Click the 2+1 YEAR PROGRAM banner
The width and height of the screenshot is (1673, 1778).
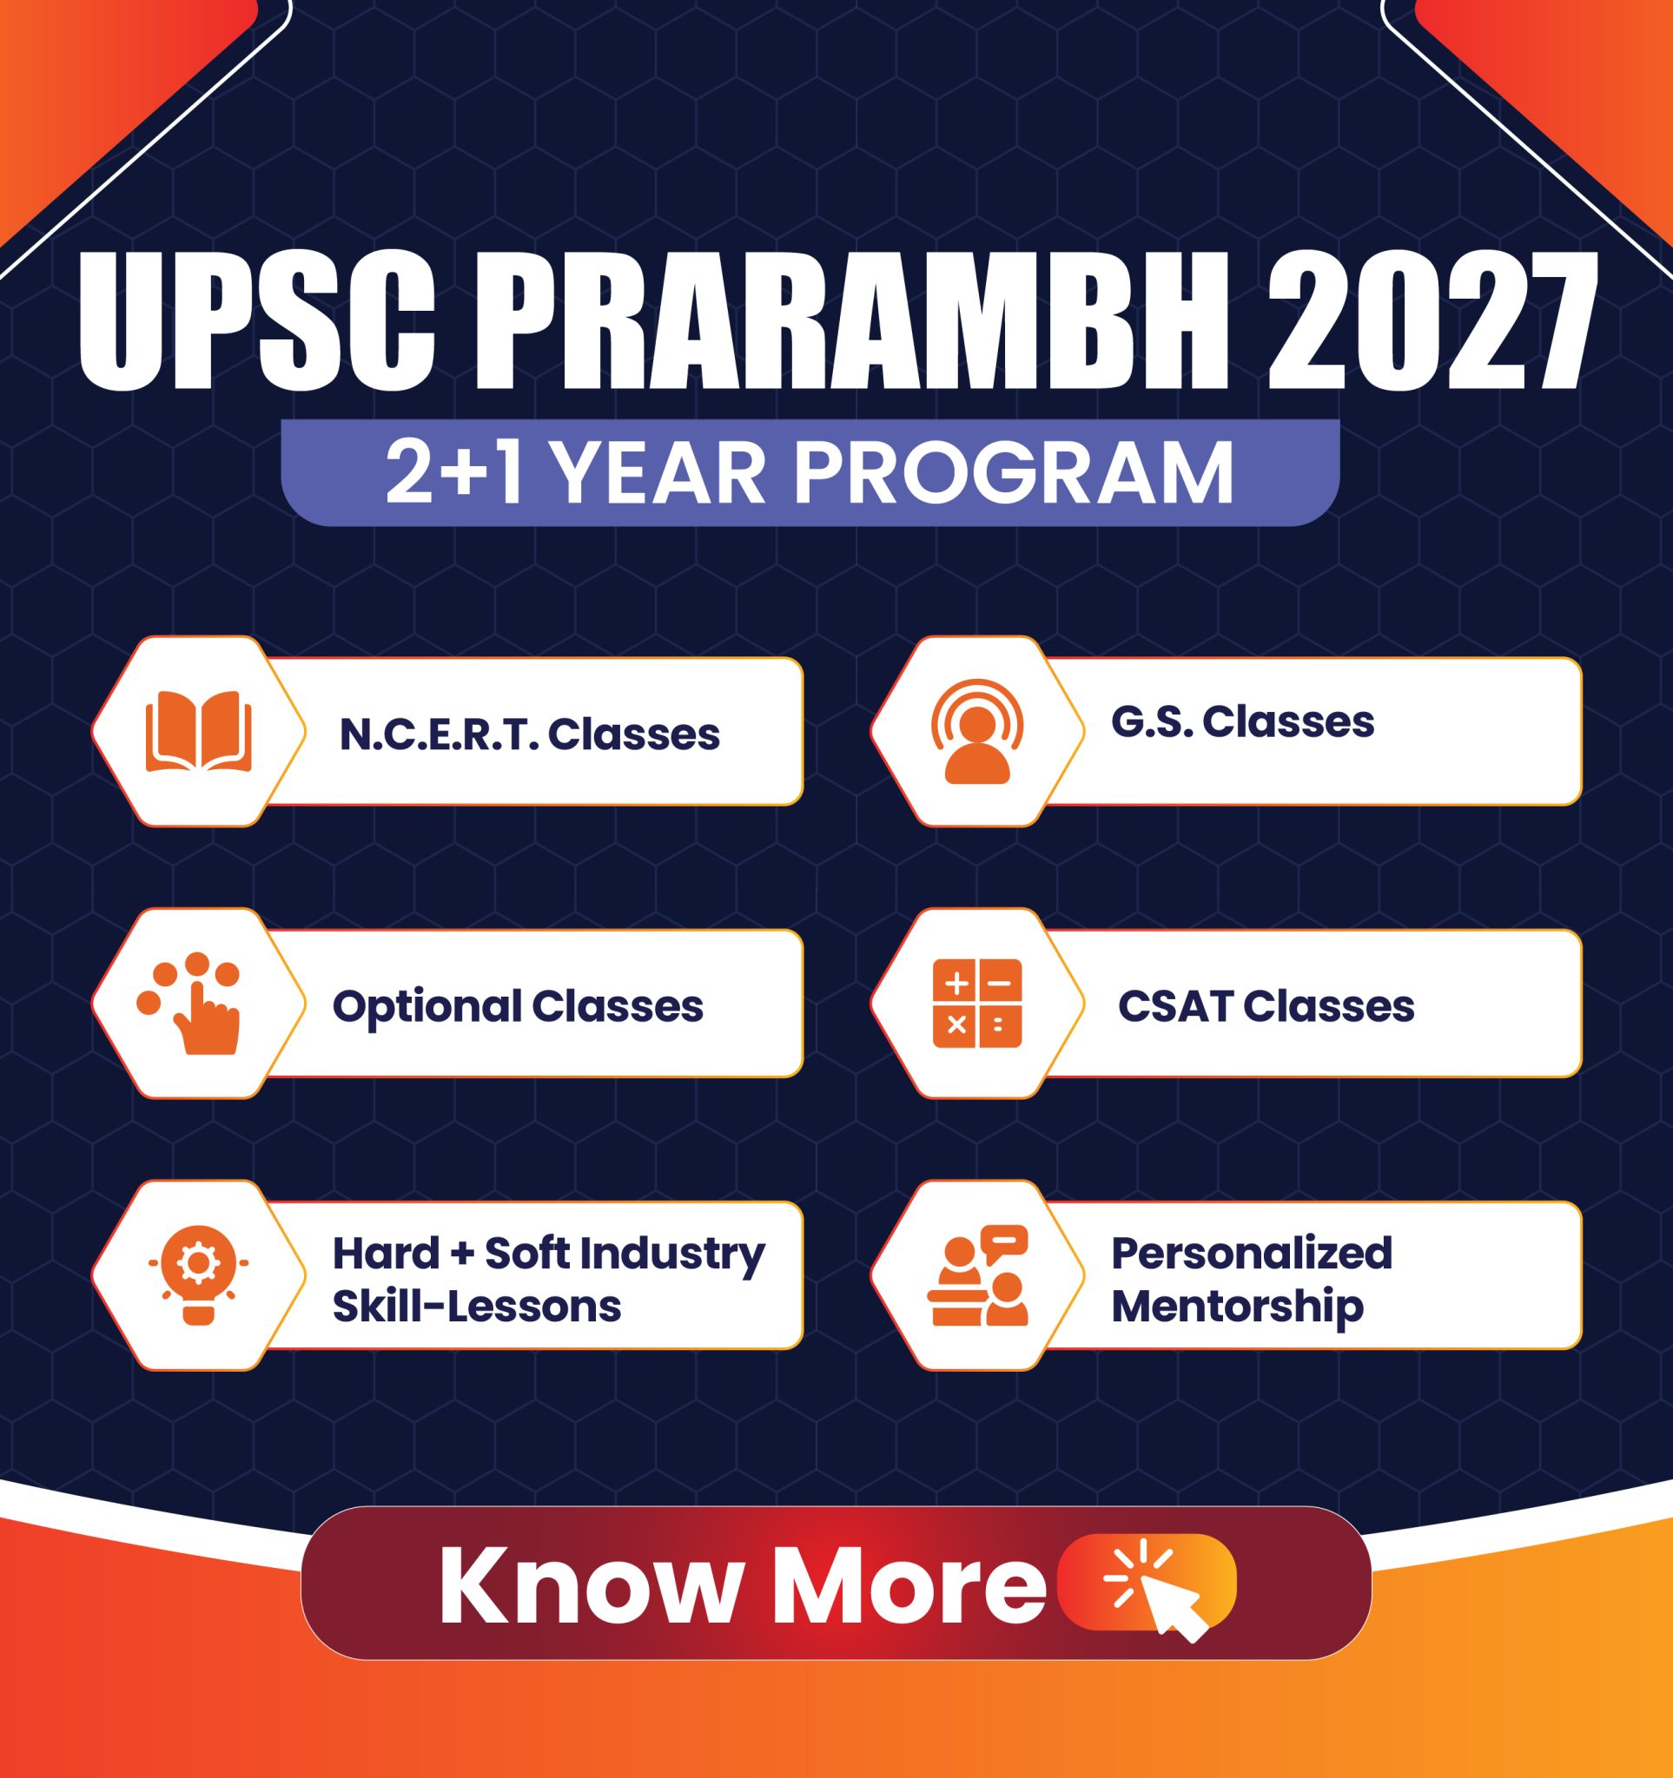click(x=810, y=472)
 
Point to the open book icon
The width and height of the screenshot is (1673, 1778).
click(x=199, y=731)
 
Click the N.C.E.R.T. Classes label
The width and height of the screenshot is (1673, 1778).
click(x=530, y=734)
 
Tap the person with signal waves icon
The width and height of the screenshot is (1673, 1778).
click(x=977, y=731)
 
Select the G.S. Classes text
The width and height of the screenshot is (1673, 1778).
click(x=1243, y=721)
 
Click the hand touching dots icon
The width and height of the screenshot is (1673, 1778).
click(x=191, y=1004)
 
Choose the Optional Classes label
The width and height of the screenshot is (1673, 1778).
click(x=518, y=1006)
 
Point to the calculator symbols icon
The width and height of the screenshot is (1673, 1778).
click(x=977, y=1004)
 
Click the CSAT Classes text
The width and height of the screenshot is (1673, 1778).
click(x=1266, y=1006)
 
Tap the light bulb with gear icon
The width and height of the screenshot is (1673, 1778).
click(x=199, y=1274)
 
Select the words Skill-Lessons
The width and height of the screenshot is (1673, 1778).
click(x=477, y=1307)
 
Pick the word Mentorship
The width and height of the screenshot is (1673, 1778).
click(x=1237, y=1307)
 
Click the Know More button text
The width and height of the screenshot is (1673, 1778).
click(x=742, y=1584)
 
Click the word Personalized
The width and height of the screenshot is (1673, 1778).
click(x=1252, y=1253)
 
